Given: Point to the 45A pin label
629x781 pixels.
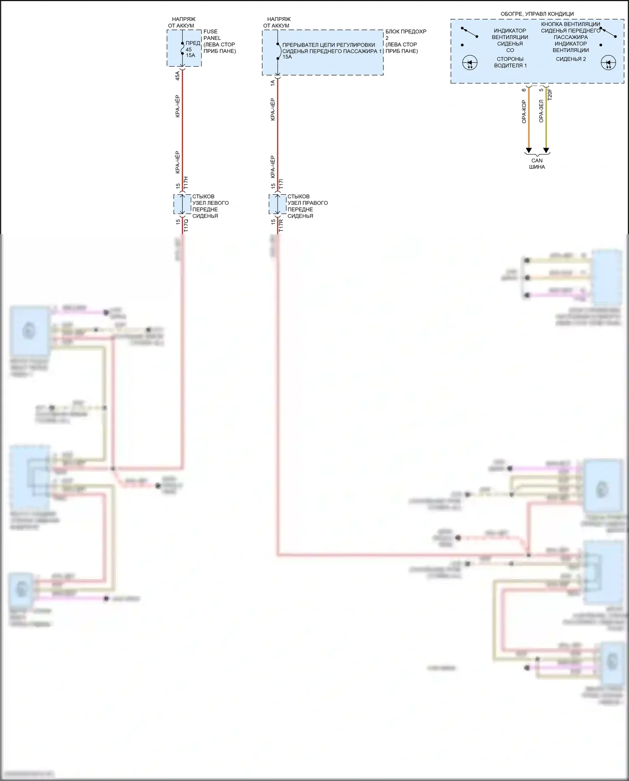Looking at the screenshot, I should click(x=177, y=76).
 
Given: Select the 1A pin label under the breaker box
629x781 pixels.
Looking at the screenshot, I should click(x=273, y=83).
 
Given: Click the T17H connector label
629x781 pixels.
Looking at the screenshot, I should click(x=186, y=183).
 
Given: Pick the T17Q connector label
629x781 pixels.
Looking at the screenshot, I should click(x=186, y=225).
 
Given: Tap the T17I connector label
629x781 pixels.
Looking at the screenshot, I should click(x=281, y=183).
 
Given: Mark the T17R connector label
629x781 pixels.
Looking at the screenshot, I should click(x=281, y=225).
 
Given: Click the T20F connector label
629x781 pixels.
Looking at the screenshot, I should click(x=550, y=94).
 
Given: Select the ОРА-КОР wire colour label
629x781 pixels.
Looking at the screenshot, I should click(x=524, y=112).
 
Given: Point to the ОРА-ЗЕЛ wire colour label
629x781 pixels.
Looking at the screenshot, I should click(x=541, y=111).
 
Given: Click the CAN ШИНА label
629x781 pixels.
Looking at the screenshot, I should click(x=537, y=164).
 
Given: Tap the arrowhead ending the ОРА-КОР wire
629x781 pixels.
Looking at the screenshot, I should click(x=529, y=150).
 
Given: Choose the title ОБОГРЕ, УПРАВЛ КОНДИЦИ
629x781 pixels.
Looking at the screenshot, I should click(x=537, y=14).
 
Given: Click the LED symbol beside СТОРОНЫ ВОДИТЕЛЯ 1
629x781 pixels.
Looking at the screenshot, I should click(x=470, y=64).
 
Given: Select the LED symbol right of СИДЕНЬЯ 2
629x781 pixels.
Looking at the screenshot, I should click(x=608, y=64).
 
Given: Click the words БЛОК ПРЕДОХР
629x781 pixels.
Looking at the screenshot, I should click(x=406, y=31).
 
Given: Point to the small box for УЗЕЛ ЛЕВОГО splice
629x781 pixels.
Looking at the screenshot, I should click(x=182, y=204).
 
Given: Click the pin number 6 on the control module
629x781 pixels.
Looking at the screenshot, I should click(x=524, y=90).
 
